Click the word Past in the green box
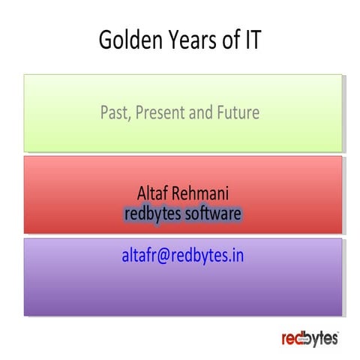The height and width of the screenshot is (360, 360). click(114, 113)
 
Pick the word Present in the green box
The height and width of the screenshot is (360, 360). click(160, 113)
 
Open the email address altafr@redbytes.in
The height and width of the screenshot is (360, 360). click(182, 256)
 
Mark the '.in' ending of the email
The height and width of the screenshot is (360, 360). click(236, 256)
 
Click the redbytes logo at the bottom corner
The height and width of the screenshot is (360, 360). click(310, 338)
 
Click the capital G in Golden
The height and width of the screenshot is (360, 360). click(106, 42)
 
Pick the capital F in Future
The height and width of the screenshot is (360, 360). click(219, 113)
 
